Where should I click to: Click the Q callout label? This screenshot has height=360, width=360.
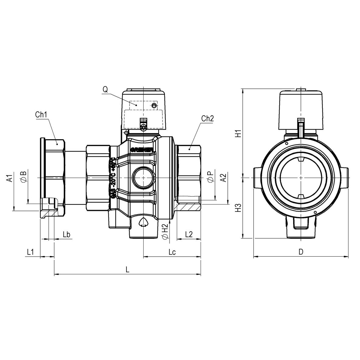105,89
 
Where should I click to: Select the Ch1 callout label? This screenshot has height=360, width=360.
41,115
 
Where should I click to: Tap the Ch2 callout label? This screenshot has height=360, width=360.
207,119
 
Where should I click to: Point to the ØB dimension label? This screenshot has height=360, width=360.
23,177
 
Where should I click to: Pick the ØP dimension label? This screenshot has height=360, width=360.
210,177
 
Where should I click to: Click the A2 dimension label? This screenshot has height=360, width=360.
223,177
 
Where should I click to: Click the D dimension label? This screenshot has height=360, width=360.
301,252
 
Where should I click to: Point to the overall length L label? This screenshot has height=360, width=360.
128,269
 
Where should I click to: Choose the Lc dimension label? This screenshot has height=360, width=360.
172,252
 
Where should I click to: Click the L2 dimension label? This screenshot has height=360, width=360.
189,234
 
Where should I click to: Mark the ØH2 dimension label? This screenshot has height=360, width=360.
165,232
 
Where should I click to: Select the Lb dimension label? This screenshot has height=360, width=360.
66,234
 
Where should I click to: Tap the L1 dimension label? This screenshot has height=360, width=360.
30,252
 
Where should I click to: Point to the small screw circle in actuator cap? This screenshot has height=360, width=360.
154,105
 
